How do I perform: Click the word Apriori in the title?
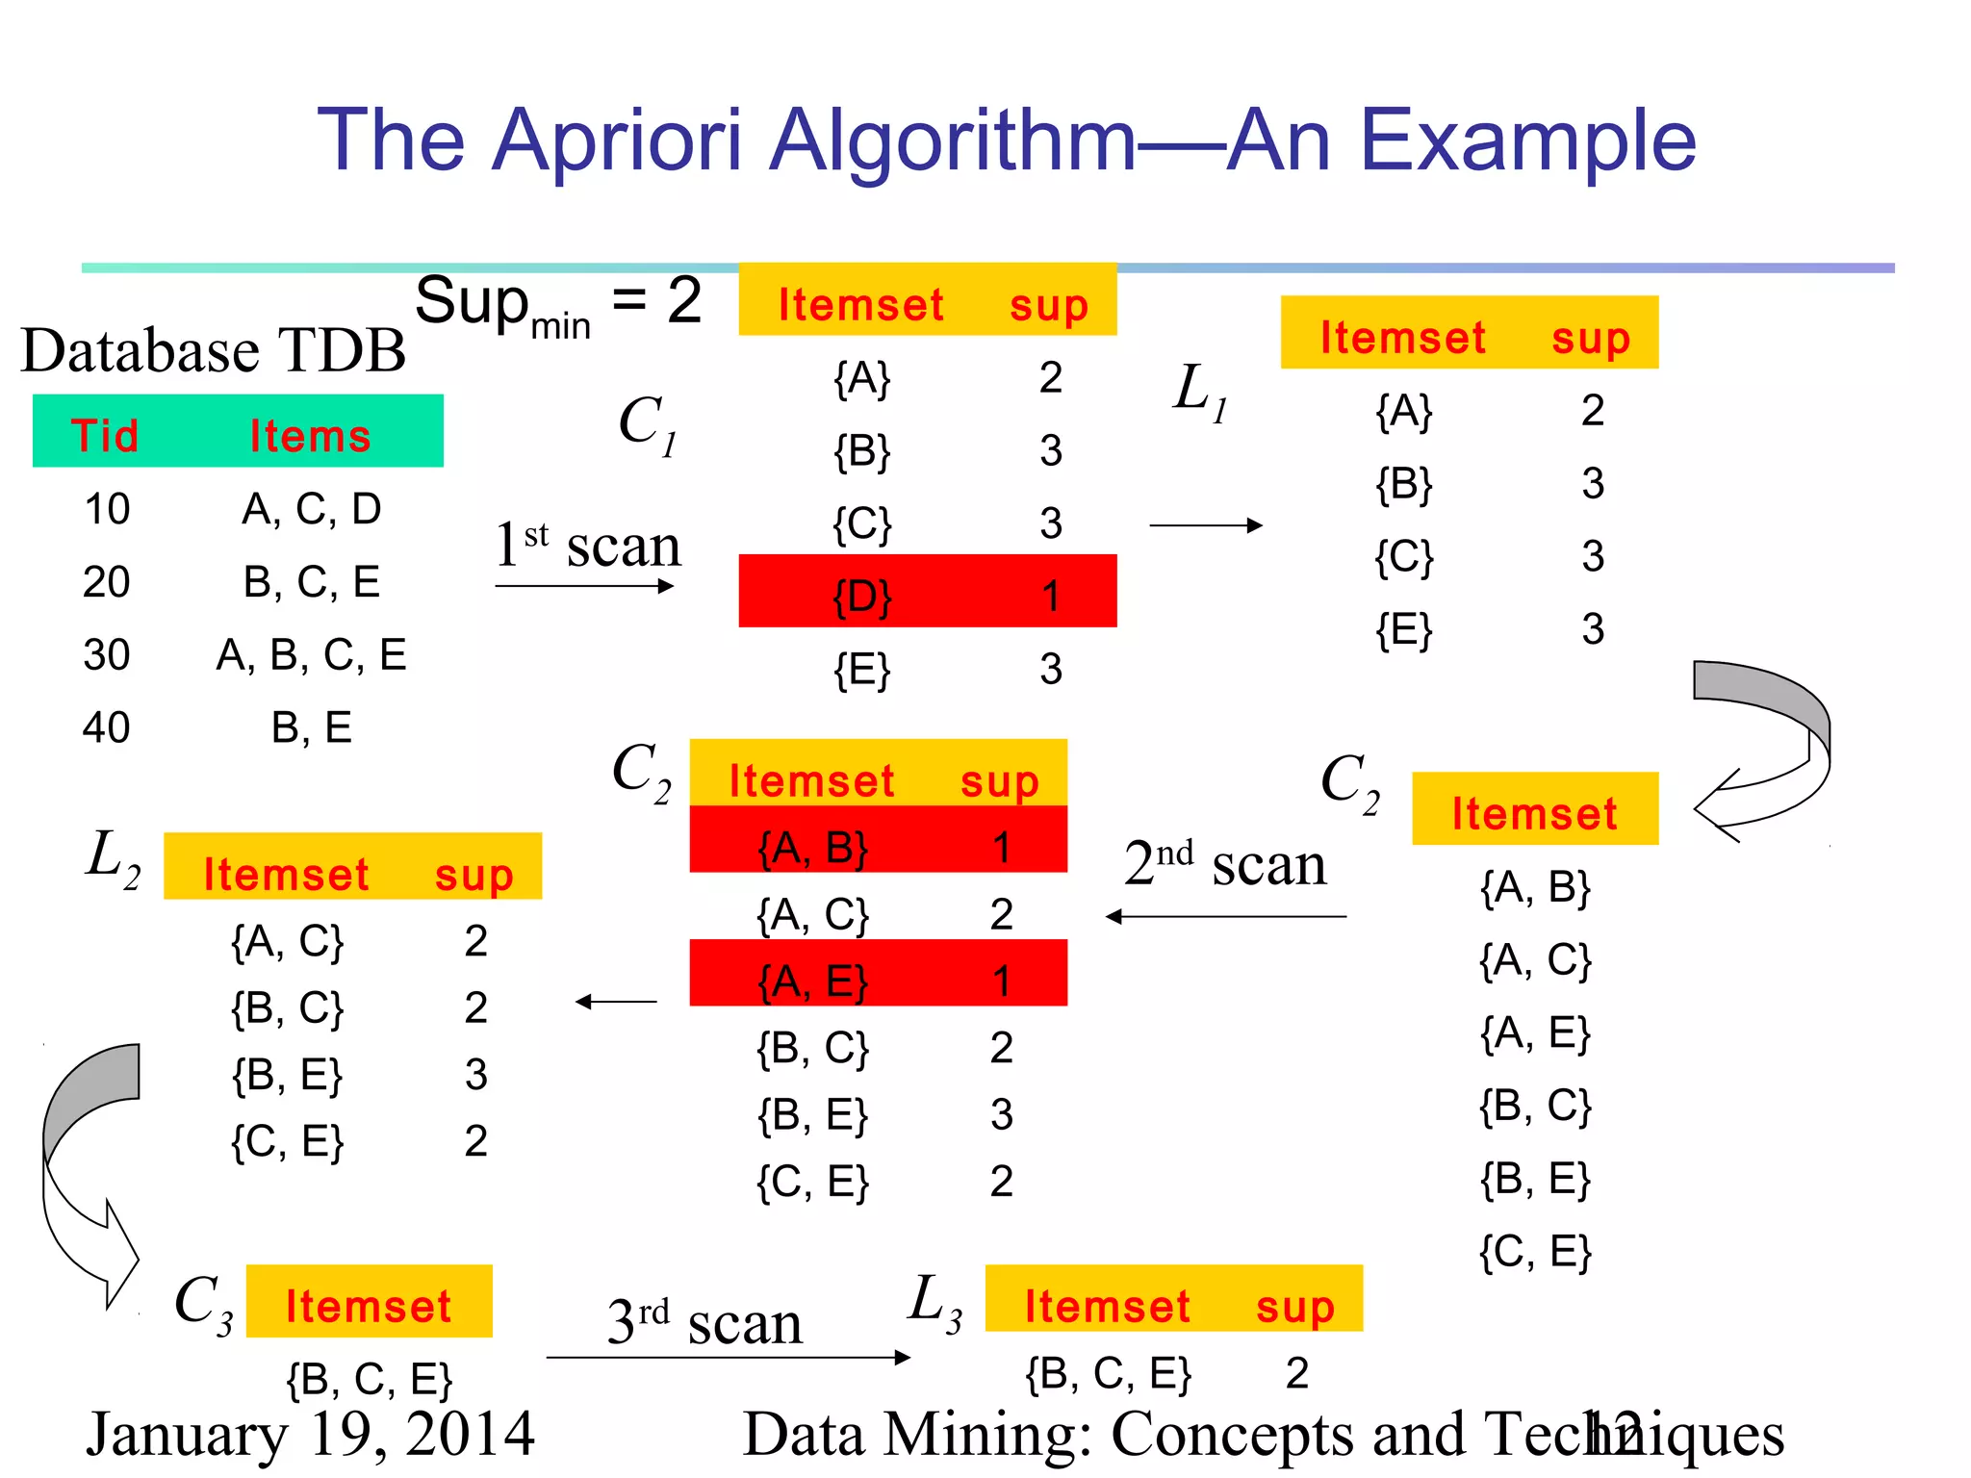tap(617, 141)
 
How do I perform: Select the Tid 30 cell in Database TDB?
tap(106, 655)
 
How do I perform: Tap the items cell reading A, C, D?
tap(311, 509)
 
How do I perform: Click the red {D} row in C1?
tap(927, 592)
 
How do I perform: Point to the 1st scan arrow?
tap(584, 586)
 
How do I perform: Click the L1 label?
tap(1199, 392)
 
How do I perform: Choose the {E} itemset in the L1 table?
tap(1404, 630)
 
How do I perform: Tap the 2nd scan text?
tap(1224, 863)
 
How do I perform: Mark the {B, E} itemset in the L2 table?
tap(287, 1075)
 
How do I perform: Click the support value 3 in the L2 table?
tap(475, 1075)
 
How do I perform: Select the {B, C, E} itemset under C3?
tap(369, 1379)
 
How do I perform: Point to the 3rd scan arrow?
tap(728, 1358)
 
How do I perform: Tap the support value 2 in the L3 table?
tap(1296, 1373)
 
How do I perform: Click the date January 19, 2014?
tap(309, 1434)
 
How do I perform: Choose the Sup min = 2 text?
tap(558, 303)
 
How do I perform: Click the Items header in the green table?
tap(310, 436)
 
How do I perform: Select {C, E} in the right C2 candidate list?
tap(1535, 1252)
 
